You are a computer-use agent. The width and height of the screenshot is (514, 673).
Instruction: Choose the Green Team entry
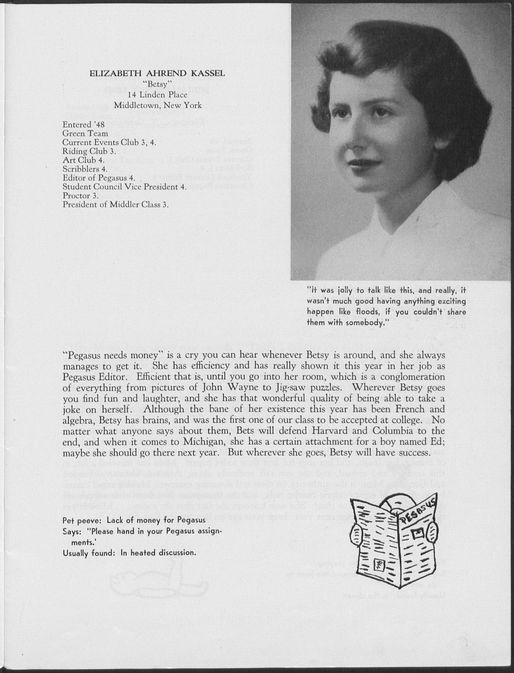coord(85,133)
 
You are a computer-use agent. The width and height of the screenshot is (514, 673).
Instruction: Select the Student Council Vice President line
coord(124,187)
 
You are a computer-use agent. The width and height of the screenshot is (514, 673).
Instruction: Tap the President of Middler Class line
coord(116,204)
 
